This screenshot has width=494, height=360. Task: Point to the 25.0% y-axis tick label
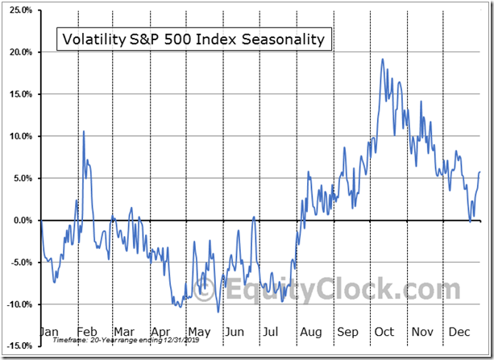tap(20, 10)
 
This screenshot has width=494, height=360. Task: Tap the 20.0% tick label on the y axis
tap(20, 52)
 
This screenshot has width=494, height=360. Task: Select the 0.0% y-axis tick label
tap(22, 220)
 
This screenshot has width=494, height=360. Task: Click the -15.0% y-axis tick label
tap(19, 346)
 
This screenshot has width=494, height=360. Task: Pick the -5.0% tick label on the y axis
tap(20, 262)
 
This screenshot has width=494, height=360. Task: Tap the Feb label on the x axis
tap(87, 331)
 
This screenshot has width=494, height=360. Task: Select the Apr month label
tap(160, 331)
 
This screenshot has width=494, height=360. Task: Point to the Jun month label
tap(235, 331)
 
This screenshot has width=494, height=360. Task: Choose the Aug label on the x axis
tap(310, 331)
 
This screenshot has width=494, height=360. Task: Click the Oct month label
tap(384, 331)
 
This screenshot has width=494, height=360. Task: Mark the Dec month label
tap(459, 331)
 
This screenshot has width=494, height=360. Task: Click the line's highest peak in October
tap(382, 59)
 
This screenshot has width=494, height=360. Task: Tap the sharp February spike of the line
tap(82, 130)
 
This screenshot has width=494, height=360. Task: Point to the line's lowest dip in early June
tap(218, 312)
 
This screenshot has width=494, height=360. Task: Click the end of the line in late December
tap(479, 172)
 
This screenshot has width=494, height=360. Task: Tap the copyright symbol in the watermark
tap(206, 289)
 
